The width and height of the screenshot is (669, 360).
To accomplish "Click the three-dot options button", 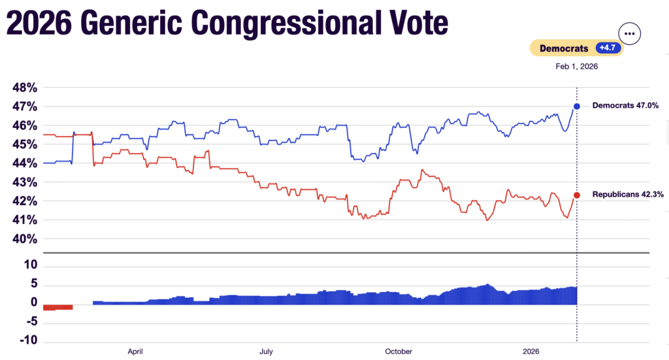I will pyautogui.click(x=629, y=33).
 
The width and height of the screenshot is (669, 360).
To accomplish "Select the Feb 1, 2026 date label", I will pyautogui.click(x=577, y=66).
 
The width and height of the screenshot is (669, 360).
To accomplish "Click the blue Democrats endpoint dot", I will pyautogui.click(x=577, y=106).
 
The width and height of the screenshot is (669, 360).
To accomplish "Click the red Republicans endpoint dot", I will pyautogui.click(x=577, y=195).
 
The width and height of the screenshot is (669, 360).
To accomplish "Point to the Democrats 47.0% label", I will pyautogui.click(x=625, y=105).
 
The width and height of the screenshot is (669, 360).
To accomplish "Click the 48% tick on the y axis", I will pyautogui.click(x=24, y=88).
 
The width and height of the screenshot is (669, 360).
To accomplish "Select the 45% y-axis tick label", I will pyautogui.click(x=24, y=144).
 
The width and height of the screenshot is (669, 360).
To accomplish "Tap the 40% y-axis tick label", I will pyautogui.click(x=24, y=239).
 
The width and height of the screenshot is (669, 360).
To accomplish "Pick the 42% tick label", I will pyautogui.click(x=24, y=201).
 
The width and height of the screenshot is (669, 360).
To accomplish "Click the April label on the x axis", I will pyautogui.click(x=135, y=352).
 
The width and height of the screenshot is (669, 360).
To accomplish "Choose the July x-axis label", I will pyautogui.click(x=266, y=352).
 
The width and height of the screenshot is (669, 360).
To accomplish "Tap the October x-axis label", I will pyautogui.click(x=399, y=352).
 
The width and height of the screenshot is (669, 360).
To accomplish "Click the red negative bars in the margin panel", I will pyautogui.click(x=57, y=306).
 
